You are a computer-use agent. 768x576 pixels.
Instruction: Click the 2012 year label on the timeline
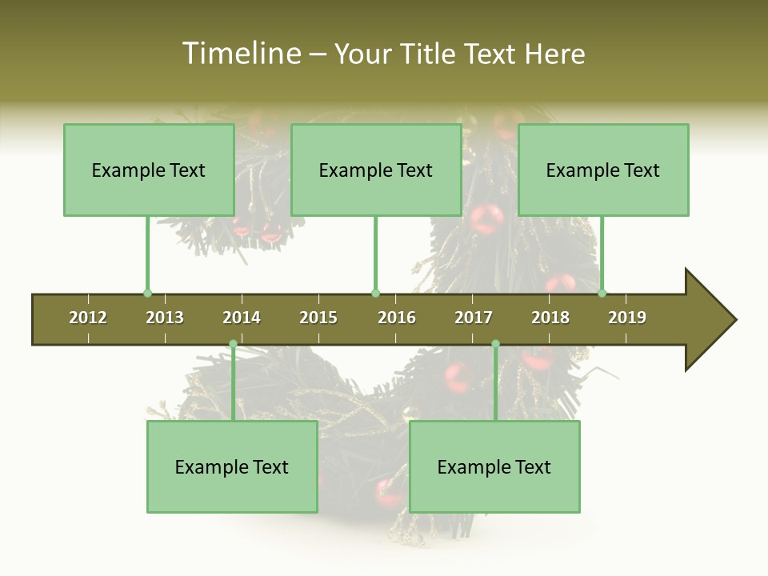pyautogui.click(x=88, y=318)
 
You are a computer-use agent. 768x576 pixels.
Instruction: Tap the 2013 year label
pyautogui.click(x=165, y=318)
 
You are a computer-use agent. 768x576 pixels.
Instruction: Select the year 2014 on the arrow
pyautogui.click(x=242, y=318)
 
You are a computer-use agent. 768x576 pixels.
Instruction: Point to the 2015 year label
pyautogui.click(x=318, y=318)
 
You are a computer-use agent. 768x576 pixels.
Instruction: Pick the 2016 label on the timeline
pyautogui.click(x=397, y=318)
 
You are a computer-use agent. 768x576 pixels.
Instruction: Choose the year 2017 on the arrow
pyautogui.click(x=474, y=318)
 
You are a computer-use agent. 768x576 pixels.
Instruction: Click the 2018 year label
pyautogui.click(x=550, y=318)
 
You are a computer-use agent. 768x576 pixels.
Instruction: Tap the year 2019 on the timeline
pyautogui.click(x=627, y=318)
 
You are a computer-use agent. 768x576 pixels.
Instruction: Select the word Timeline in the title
pyautogui.click(x=240, y=54)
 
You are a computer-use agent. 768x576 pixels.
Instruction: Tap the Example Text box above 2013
pyautogui.click(x=149, y=170)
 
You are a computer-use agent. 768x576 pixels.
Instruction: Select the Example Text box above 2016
pyautogui.click(x=376, y=170)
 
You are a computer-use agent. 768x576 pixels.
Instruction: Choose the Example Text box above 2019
pyautogui.click(x=603, y=170)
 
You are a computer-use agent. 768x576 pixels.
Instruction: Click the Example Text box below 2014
pyautogui.click(x=232, y=466)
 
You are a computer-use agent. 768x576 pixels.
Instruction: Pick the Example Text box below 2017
pyautogui.click(x=494, y=466)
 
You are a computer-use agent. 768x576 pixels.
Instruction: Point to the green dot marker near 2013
pyautogui.click(x=147, y=293)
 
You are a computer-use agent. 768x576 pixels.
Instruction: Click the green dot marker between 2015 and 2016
pyautogui.click(x=376, y=293)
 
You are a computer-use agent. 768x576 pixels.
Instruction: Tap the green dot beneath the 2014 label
pyautogui.click(x=233, y=344)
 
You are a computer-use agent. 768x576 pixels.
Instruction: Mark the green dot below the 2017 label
pyautogui.click(x=495, y=344)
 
